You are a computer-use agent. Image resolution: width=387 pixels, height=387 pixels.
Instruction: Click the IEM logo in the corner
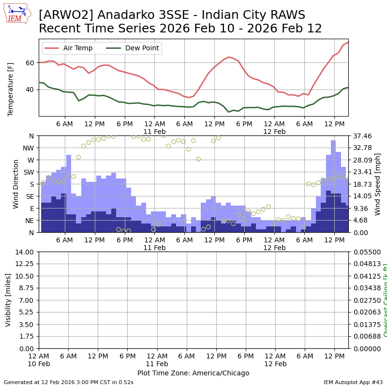[17, 14]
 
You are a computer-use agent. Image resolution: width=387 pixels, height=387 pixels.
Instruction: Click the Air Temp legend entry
[77, 48]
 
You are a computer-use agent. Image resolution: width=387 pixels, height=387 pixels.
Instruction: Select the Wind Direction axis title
[16, 184]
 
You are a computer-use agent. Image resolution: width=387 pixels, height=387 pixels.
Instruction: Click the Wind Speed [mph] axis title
[378, 184]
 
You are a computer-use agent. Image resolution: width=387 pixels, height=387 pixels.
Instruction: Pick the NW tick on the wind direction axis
[30, 148]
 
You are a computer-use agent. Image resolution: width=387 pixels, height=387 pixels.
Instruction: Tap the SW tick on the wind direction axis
[29, 172]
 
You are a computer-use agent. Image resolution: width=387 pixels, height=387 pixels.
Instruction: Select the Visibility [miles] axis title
[8, 300]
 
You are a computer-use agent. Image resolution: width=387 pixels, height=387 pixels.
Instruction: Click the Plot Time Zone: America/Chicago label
[193, 373]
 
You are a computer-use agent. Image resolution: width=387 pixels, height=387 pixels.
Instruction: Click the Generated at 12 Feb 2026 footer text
[69, 382]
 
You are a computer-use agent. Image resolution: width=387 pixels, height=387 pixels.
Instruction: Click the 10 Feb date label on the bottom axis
[39, 364]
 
